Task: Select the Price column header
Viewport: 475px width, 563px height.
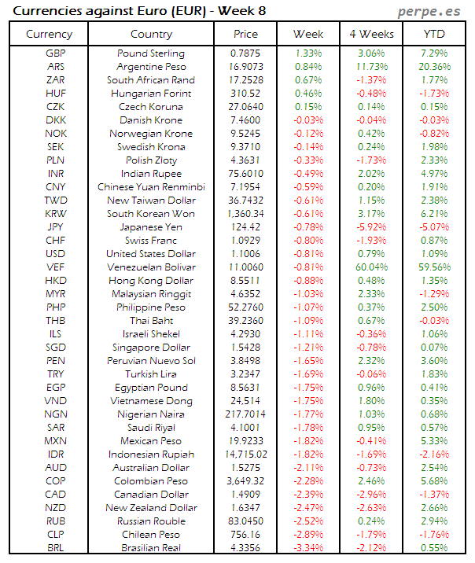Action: point(245,34)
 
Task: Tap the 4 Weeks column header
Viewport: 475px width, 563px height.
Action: point(370,34)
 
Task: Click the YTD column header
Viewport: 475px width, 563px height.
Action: point(434,34)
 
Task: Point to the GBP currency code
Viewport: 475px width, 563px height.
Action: point(56,53)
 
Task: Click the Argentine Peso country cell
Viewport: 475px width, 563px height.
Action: point(151,67)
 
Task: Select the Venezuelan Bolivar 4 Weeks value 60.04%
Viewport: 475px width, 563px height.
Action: point(371,267)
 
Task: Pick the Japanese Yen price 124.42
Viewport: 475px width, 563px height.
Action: point(245,227)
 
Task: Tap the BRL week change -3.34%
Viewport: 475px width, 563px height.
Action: point(308,548)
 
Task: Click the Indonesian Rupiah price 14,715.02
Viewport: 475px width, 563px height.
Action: point(245,454)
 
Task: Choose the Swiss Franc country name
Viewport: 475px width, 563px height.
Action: point(151,241)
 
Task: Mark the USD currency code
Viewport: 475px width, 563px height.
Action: point(56,254)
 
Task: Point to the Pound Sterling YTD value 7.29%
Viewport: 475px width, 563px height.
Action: point(434,53)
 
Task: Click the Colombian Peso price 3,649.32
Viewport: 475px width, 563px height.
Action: point(245,481)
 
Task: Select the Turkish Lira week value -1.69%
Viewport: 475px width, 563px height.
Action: point(308,374)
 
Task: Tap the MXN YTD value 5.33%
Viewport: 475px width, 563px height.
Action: point(434,441)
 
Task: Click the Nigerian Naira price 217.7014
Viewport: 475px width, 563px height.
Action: point(245,414)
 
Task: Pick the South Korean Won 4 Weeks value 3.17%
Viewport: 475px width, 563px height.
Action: point(371,214)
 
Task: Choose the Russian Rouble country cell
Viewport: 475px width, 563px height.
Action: point(151,521)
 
